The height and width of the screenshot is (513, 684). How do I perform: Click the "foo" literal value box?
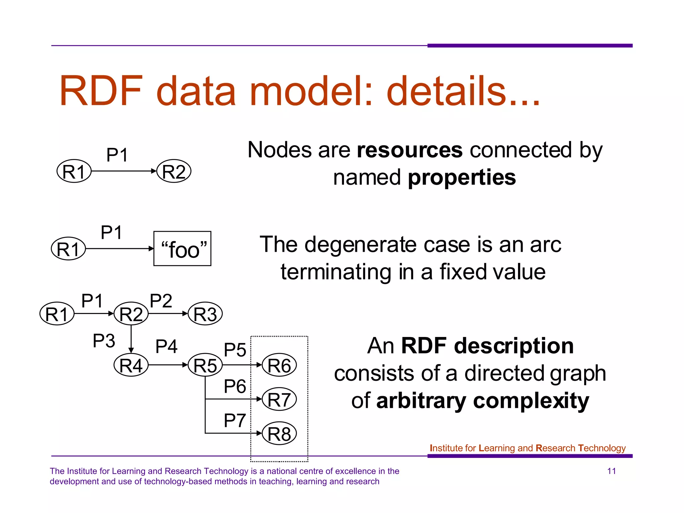click(182, 248)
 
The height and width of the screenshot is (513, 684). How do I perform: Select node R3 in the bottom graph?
click(205, 314)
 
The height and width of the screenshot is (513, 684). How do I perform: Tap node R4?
click(131, 365)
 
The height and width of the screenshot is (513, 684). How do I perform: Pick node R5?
click(205, 365)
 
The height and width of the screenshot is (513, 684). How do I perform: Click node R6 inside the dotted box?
click(279, 365)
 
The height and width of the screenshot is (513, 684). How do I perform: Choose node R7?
click(279, 399)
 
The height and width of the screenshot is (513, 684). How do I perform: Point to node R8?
click(279, 434)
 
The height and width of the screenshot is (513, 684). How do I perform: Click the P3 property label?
click(104, 341)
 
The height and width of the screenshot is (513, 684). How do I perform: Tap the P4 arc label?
click(166, 346)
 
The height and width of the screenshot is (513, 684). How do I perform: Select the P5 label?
click(235, 350)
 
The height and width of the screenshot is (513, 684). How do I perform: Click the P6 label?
click(235, 386)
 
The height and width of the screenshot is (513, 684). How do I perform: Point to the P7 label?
click(235, 420)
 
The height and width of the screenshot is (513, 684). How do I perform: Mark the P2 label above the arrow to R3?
click(161, 301)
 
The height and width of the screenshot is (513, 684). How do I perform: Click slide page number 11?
click(612, 471)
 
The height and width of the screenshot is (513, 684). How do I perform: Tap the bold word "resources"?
click(410, 150)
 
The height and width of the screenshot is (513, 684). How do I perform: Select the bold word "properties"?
click(462, 177)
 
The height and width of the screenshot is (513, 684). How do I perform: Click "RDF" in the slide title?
click(101, 91)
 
